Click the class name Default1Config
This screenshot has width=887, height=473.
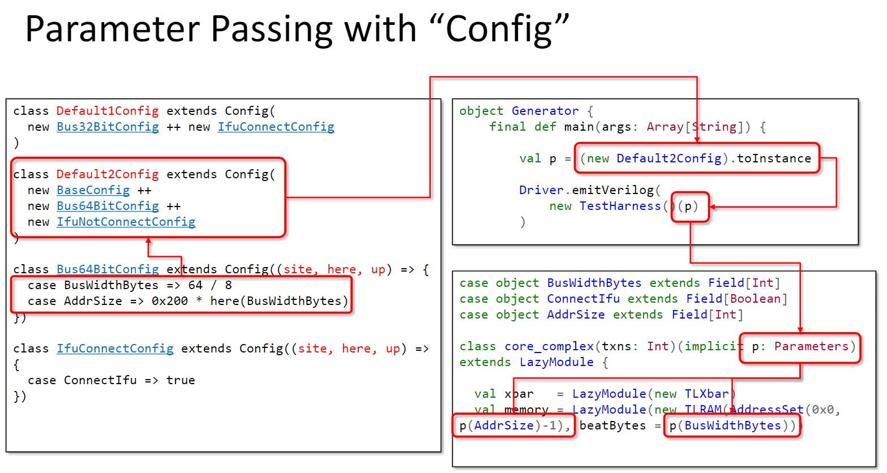(108, 111)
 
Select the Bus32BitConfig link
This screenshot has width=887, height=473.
(108, 127)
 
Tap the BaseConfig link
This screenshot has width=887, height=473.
(93, 190)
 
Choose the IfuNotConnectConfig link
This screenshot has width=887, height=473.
(126, 222)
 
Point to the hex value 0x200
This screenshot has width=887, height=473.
(170, 301)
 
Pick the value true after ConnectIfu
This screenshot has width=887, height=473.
(181, 380)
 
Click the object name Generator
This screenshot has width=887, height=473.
(545, 111)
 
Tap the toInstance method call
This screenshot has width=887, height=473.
(774, 158)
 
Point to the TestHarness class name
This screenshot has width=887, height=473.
(620, 206)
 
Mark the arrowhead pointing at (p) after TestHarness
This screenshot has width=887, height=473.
(713, 207)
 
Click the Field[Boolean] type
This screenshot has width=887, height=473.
(736, 299)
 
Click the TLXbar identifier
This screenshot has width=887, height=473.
(707, 394)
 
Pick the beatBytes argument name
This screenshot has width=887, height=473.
(612, 425)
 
